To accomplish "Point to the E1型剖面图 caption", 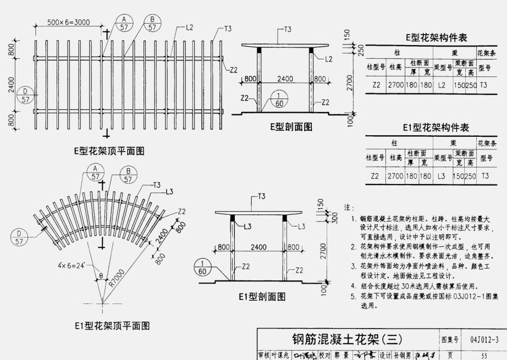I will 262,297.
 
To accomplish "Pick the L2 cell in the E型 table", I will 442,85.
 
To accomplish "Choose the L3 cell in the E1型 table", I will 442,176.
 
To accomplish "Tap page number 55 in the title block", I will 484,355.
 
